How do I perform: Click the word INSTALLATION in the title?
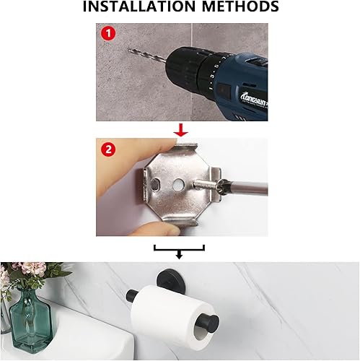[137, 8]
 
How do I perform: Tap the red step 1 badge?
[107, 34]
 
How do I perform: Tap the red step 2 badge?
[107, 149]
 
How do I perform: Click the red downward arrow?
[182, 130]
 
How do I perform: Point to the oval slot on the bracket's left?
[154, 190]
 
